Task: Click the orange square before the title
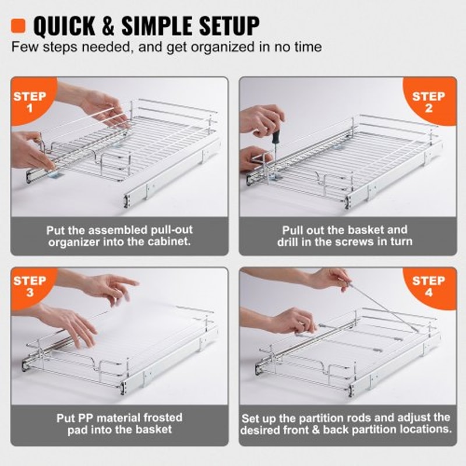(x=20, y=25)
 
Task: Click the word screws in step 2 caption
(x=369, y=242)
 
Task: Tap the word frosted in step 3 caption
(x=161, y=418)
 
